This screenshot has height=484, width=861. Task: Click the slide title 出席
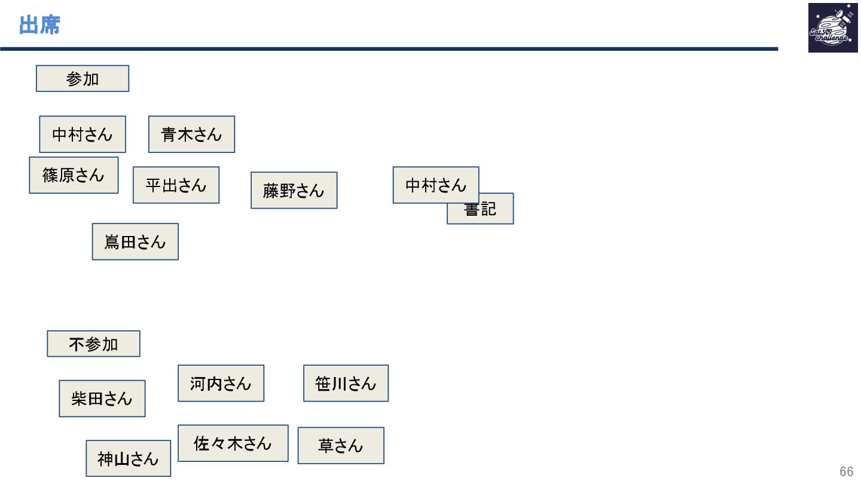point(39,26)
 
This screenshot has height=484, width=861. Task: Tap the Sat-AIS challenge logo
point(832,28)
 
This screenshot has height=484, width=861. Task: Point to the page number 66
point(846,471)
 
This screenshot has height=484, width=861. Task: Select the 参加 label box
point(83,78)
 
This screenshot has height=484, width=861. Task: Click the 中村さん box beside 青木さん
point(83,134)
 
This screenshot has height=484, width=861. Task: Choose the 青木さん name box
point(191,134)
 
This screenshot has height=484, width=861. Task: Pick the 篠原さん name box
point(74,175)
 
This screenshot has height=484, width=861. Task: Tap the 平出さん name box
point(176,185)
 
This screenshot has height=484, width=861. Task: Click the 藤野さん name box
point(294,191)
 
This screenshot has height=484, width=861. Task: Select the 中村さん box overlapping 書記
point(435,185)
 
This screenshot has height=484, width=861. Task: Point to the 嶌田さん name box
point(135,242)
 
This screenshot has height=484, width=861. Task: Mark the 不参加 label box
point(93,344)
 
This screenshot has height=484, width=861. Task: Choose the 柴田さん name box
point(102,399)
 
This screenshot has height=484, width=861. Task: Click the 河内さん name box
point(221,384)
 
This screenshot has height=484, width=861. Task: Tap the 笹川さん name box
point(346,384)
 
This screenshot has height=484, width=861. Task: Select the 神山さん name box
point(128,459)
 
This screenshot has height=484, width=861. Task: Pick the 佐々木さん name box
point(233,443)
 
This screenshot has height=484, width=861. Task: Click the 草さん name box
point(341,446)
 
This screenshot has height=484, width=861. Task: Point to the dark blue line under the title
point(389,49)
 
